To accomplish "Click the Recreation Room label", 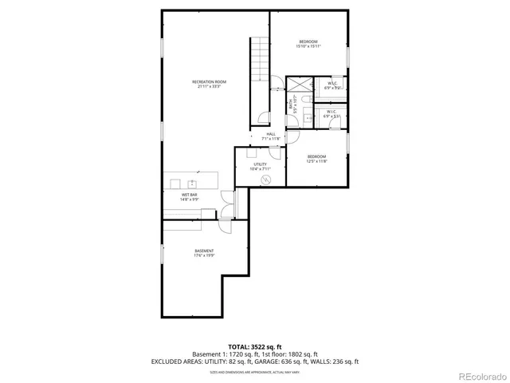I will pos(210,84).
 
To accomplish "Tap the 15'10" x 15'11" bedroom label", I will pos(309,44).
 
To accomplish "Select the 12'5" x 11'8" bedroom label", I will pos(317,159).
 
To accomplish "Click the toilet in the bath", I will pos(306,101).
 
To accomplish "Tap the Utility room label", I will pos(261,167).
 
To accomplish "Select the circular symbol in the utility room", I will pos(268,180).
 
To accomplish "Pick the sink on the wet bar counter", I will pos(194,182).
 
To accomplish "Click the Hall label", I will pos(271,136).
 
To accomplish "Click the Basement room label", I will pos(204,254).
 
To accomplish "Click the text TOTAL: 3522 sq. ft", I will pos(254,346).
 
